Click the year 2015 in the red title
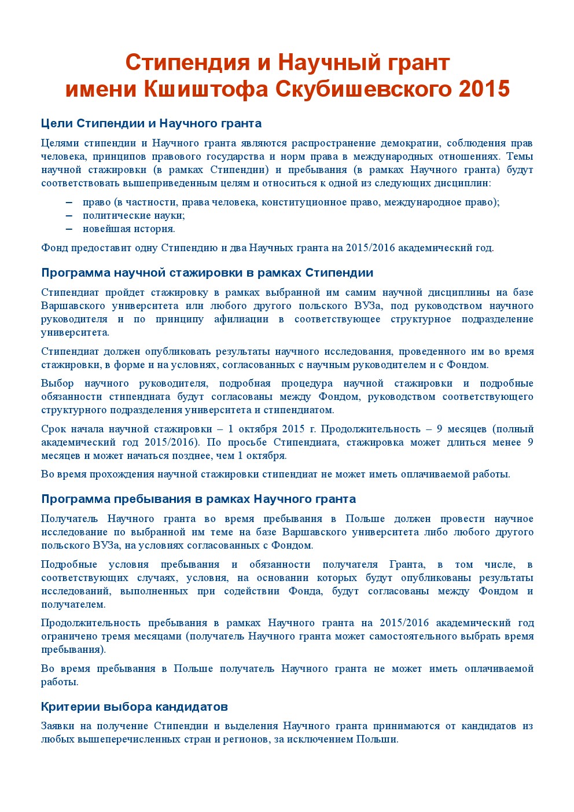(484, 89)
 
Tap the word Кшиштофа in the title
(205, 89)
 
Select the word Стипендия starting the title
(187, 62)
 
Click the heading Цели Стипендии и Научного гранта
(151, 123)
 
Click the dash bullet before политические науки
(69, 215)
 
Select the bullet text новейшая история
(128, 229)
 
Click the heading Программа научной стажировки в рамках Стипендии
(207, 273)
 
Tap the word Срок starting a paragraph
(53, 429)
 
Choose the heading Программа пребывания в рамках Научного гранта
(198, 499)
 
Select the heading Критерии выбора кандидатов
(134, 707)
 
